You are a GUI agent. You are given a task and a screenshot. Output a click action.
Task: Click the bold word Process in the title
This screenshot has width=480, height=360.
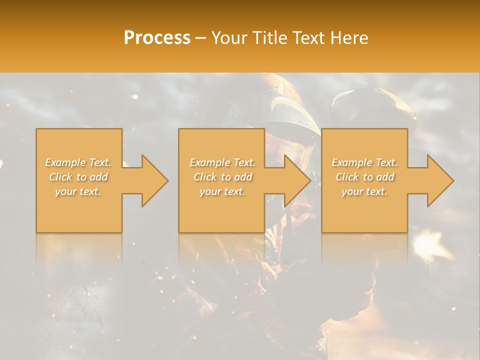[x=157, y=37]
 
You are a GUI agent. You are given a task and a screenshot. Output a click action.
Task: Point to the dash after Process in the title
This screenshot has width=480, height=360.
[x=201, y=38]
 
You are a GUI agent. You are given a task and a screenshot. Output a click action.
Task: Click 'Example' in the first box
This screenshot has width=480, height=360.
[x=65, y=162]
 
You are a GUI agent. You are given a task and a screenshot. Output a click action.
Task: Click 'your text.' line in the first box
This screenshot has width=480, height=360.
[x=78, y=191]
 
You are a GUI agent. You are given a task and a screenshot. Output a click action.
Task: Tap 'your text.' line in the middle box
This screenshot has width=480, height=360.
[x=222, y=191]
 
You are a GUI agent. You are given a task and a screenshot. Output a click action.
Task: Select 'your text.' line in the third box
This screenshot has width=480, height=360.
[x=364, y=191]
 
